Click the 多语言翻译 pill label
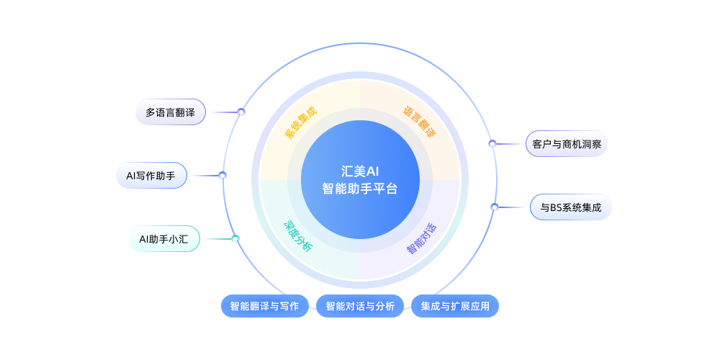(x=171, y=112)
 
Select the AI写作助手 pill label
(x=151, y=176)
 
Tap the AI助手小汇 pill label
(x=164, y=239)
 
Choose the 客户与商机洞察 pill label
(x=566, y=144)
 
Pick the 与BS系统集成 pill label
(x=570, y=207)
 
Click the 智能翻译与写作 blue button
(x=264, y=306)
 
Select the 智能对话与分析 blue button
(x=360, y=306)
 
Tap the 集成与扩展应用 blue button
(x=455, y=306)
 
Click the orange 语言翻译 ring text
(x=419, y=122)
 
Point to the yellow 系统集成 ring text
(x=300, y=122)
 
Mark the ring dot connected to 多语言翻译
(x=241, y=112)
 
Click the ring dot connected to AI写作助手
(x=222, y=175)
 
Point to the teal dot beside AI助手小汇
(x=235, y=238)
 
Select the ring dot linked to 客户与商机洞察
(x=492, y=143)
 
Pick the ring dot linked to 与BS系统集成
(x=494, y=207)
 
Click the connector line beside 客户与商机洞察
(x=510, y=144)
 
